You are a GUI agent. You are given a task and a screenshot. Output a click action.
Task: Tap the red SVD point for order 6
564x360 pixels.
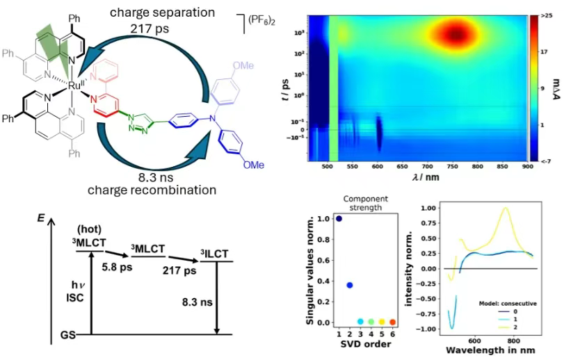point(393,322)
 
